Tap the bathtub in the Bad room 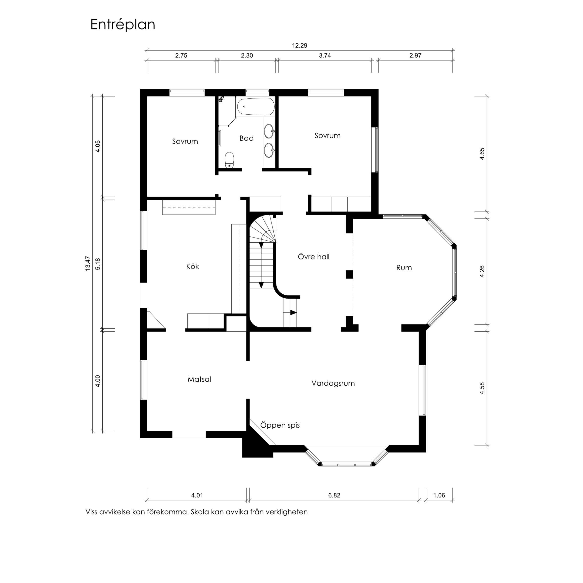point(256,107)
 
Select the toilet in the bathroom point(230,160)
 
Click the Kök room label point(193,266)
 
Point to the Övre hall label point(313,257)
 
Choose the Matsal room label point(199,379)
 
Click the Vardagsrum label point(333,383)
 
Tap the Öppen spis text point(280,425)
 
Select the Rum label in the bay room point(404,268)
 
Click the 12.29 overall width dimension point(300,45)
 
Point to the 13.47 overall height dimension point(88,263)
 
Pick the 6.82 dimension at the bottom point(334,495)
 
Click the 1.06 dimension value point(439,495)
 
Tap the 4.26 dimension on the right point(482,271)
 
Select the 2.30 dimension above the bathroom point(247,55)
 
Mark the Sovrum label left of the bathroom point(185,141)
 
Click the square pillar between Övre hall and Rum point(349,274)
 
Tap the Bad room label point(247,138)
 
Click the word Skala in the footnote point(199,512)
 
